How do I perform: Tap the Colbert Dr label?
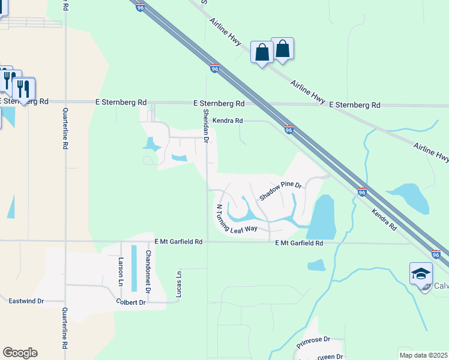pyautogui.click(x=131, y=302)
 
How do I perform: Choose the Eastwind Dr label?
pyautogui.click(x=26, y=301)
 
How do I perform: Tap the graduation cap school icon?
pyautogui.click(x=421, y=274)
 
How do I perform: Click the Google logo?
pyautogui.click(x=20, y=353)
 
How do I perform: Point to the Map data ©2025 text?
pyautogui.click(x=423, y=355)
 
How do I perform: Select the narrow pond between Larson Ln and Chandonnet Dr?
pyautogui.click(x=134, y=268)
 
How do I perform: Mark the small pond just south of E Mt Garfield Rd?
pyautogui.click(x=316, y=264)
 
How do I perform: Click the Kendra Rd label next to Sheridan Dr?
pyautogui.click(x=227, y=121)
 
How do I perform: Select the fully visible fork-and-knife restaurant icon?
pyautogui.click(x=23, y=89)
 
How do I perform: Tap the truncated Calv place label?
pyautogui.click(x=441, y=286)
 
